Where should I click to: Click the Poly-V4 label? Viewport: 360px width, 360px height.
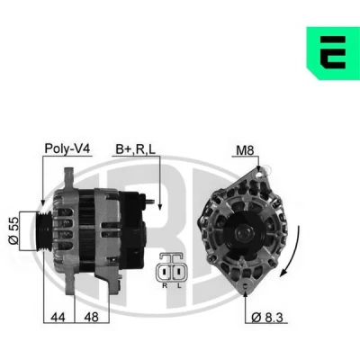click(x=67, y=148)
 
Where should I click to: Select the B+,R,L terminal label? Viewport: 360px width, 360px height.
click(x=136, y=149)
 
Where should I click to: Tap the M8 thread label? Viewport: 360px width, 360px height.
click(x=245, y=150)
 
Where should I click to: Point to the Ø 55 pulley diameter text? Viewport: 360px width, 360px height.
click(x=13, y=230)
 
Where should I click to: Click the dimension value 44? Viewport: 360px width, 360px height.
click(x=58, y=317)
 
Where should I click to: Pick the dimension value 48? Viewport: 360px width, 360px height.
click(x=91, y=317)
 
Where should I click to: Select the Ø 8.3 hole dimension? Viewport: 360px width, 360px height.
click(x=267, y=318)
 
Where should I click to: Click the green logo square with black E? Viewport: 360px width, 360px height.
click(x=333, y=53)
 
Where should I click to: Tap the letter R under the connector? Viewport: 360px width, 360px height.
click(x=165, y=285)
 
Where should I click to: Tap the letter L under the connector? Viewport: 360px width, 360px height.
click(x=179, y=285)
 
